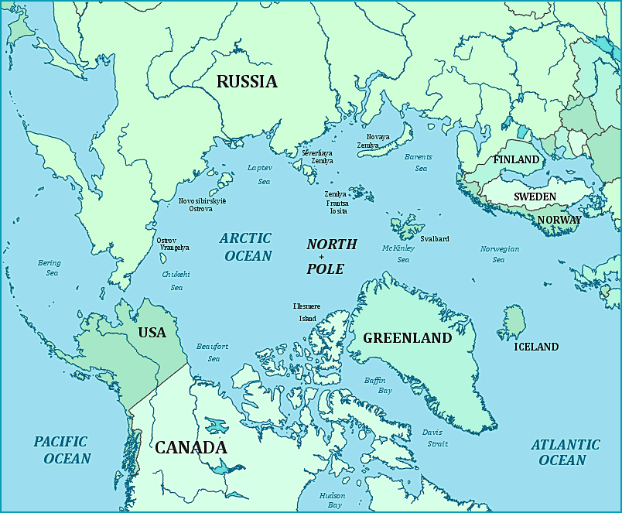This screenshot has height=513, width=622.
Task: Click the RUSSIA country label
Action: (x=247, y=81)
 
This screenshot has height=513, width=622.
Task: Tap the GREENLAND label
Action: (x=407, y=338)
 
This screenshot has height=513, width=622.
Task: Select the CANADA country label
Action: (x=191, y=447)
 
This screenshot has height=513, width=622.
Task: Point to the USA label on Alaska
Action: (x=152, y=333)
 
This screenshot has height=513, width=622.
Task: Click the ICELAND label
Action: (x=536, y=347)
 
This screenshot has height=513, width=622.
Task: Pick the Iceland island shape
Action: (x=514, y=320)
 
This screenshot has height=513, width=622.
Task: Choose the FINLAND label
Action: (x=516, y=159)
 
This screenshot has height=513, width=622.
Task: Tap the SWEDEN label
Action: (x=535, y=197)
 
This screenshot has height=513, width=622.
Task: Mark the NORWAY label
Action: (x=559, y=220)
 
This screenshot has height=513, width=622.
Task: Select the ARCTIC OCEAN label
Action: (x=245, y=247)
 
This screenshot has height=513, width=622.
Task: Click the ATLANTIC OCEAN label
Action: (x=565, y=452)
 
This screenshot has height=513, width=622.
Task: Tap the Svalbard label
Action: (x=434, y=239)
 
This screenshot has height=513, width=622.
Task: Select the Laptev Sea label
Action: (x=259, y=174)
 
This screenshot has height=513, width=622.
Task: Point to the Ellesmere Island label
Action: (x=307, y=312)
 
